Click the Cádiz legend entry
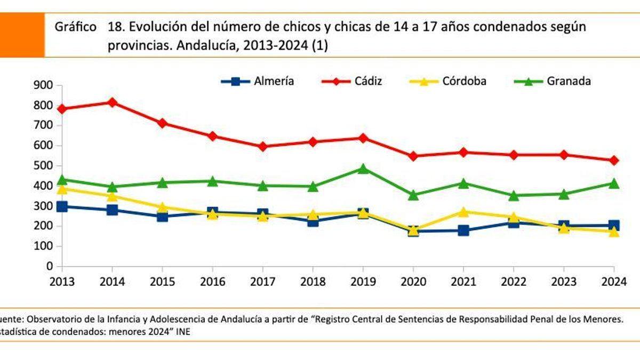352,82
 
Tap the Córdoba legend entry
448,82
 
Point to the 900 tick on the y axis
43,85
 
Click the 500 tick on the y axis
43,166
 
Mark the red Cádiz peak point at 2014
113,102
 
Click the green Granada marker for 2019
363,169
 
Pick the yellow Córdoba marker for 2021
463,212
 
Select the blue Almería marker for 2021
463,230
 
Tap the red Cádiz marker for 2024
614,161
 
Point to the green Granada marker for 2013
62,179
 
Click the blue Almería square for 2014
113,210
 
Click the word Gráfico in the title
75,27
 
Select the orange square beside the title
22,35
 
